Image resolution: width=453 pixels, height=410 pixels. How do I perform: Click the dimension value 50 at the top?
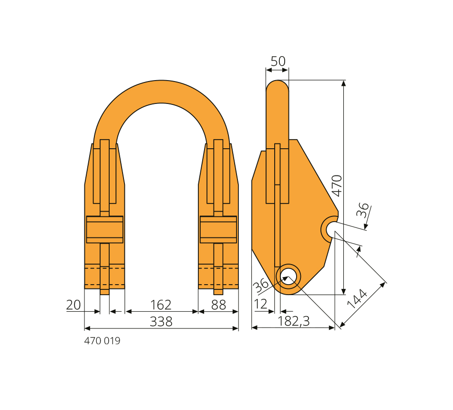click(278, 61)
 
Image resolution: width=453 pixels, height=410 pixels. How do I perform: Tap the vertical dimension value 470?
click(337, 185)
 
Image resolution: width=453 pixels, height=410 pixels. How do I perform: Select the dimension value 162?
click(161, 305)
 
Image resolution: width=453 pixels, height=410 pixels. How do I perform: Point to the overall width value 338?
click(161, 322)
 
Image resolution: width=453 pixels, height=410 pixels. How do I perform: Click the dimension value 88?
click(218, 305)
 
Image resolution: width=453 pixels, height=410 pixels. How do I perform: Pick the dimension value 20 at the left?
click(73, 305)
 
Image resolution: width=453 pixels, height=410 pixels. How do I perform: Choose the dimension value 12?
click(260, 304)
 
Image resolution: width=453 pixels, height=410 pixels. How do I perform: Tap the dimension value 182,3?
click(293, 321)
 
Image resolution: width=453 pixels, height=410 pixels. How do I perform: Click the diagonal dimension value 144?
click(357, 299)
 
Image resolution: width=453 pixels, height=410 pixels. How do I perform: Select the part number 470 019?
click(102, 341)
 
